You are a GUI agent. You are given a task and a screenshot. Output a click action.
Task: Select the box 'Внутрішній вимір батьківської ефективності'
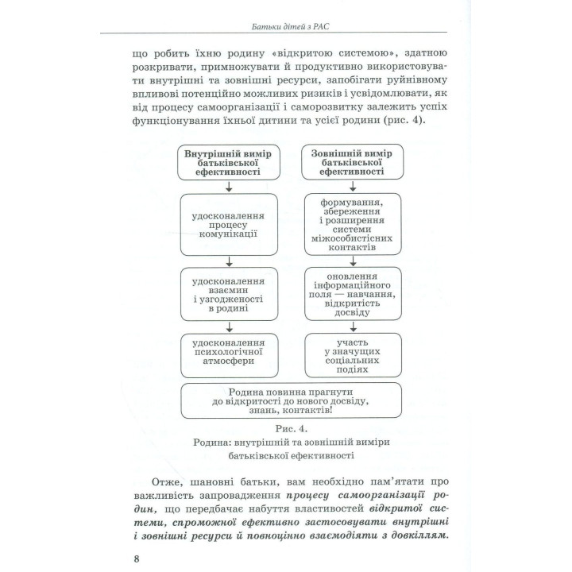pos(228,162)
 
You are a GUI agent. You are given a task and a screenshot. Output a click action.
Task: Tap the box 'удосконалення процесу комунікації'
pos(228,225)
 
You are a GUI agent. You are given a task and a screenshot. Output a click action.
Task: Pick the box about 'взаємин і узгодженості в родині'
pos(228,292)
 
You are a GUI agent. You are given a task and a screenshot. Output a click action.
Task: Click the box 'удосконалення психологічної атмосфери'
pos(228,355)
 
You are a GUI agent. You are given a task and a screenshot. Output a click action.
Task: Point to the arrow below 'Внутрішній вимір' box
pos(229,187)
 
